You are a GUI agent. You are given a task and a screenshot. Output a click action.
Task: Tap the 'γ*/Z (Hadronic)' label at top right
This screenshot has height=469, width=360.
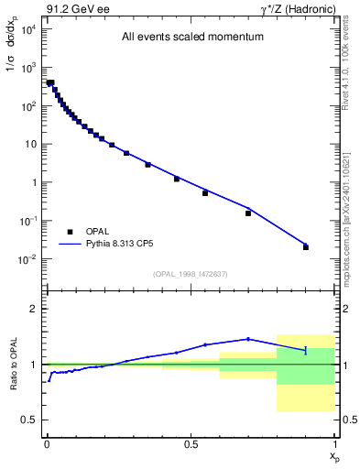(294, 8)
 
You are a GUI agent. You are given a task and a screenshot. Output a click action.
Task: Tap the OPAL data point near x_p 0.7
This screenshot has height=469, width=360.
(248, 213)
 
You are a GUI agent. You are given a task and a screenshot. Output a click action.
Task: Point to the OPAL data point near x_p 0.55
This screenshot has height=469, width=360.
(205, 192)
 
